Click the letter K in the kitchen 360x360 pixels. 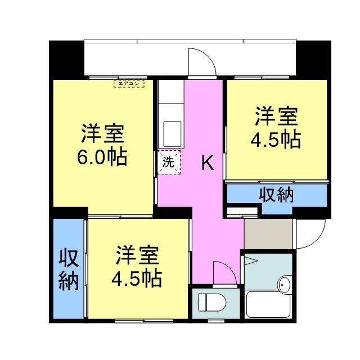tap(208, 164)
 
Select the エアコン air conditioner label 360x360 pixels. tap(129, 84)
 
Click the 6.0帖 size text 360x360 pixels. tap(102, 156)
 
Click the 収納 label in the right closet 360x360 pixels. tap(276, 195)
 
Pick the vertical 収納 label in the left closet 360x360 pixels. tap(69, 269)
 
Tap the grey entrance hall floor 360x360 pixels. tap(268, 233)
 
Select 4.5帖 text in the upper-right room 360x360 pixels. tap(275, 139)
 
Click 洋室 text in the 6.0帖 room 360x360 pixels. tap(102, 134)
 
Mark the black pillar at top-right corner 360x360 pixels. tap(312, 58)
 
